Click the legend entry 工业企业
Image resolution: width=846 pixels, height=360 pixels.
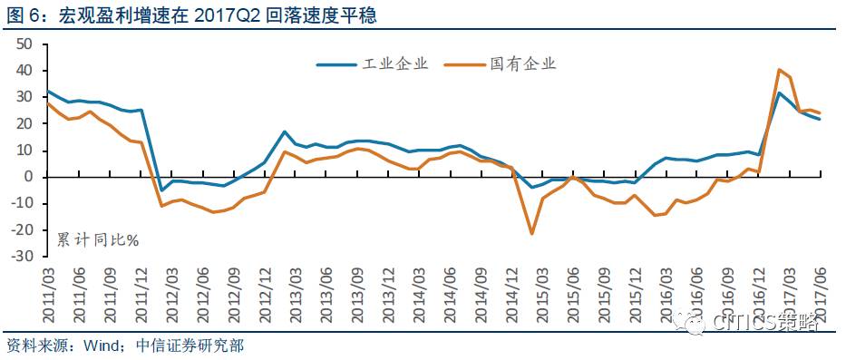(x=373, y=64)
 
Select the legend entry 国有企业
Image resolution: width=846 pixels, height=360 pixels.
(x=501, y=64)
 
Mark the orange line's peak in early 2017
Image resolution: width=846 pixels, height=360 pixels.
(x=779, y=70)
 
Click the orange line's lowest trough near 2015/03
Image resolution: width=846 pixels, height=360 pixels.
(x=532, y=234)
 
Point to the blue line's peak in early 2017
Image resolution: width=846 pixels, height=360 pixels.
(x=779, y=92)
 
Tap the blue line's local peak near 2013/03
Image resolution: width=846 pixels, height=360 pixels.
(x=285, y=131)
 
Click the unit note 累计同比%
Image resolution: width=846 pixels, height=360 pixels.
(x=98, y=239)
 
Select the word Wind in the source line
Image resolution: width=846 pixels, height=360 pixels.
(x=97, y=345)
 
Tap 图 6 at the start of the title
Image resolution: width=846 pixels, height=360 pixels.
(x=21, y=15)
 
